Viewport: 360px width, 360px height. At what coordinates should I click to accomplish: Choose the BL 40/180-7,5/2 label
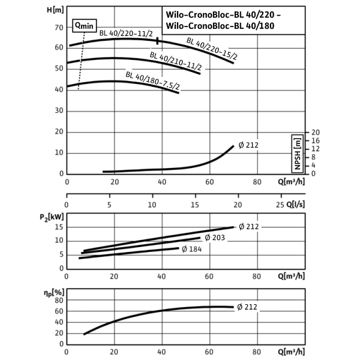coord(153,80)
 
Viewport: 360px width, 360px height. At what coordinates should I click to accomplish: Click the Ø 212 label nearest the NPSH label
coord(248,145)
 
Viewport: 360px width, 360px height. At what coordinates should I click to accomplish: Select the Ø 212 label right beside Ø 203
coord(248,226)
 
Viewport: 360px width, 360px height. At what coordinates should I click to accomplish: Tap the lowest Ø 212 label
coord(247,307)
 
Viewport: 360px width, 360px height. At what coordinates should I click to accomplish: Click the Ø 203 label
coord(215,238)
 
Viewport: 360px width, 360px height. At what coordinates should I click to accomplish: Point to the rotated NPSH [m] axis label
coord(297,154)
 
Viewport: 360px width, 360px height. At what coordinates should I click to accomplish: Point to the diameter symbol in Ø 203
coord(208,238)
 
